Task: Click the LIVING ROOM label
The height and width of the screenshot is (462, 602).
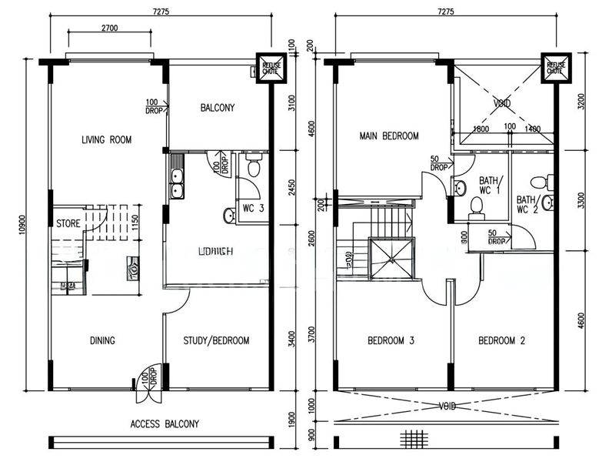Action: [106, 140]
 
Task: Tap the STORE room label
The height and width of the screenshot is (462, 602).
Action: [68, 223]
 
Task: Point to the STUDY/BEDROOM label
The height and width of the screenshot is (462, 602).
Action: [216, 340]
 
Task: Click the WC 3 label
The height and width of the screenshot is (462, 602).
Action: [254, 208]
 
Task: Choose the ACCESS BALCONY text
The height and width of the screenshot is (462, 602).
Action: [165, 423]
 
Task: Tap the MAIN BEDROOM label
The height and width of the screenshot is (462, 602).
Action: [389, 136]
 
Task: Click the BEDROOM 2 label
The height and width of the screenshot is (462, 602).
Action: [501, 340]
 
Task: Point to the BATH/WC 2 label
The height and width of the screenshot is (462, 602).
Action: [526, 204]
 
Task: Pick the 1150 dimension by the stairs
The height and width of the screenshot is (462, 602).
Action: [137, 223]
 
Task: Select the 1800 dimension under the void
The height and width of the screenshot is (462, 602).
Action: [482, 129]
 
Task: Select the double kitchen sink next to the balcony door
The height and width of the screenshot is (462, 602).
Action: [176, 182]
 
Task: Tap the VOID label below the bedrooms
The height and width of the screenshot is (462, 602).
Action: [447, 406]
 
